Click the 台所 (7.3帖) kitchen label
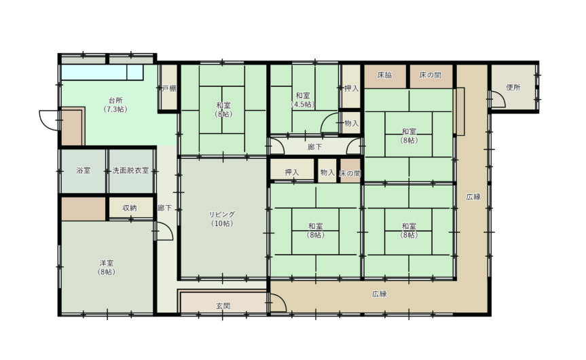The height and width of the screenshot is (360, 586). (115, 105)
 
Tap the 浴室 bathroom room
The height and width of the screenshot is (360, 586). (84, 171)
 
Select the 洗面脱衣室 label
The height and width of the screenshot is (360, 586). (130, 170)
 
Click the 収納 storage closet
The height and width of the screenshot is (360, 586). (130, 208)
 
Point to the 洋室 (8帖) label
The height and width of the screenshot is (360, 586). (107, 268)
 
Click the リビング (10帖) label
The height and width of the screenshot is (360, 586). (222, 219)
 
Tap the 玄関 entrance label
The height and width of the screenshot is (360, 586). (223, 306)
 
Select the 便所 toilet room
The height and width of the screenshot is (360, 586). (513, 87)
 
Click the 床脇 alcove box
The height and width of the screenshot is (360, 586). (385, 76)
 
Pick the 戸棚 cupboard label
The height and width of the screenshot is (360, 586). (168, 88)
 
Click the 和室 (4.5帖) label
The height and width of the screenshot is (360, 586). (303, 100)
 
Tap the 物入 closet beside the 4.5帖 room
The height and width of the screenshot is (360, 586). (350, 123)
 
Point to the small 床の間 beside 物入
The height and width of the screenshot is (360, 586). (350, 173)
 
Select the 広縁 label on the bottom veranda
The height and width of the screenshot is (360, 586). (380, 294)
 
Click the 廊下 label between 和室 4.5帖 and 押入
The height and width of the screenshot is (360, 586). (314, 147)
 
